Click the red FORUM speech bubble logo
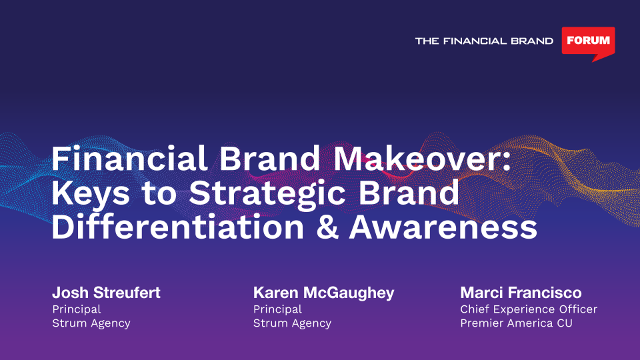(x=588, y=41)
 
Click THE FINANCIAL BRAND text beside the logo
(x=484, y=41)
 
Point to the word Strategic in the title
(x=267, y=193)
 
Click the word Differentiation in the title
(x=177, y=227)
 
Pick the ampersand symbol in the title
(x=327, y=227)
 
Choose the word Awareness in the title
(x=443, y=227)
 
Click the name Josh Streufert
(x=106, y=293)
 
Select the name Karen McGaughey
(x=324, y=293)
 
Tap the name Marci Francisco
(x=521, y=293)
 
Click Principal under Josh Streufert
(x=76, y=309)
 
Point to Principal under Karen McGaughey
(x=277, y=309)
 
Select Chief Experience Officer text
(x=529, y=309)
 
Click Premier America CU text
(x=516, y=323)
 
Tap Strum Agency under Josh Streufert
(x=91, y=323)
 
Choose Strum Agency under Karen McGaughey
(x=292, y=323)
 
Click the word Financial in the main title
(x=129, y=159)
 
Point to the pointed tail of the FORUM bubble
(x=593, y=61)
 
